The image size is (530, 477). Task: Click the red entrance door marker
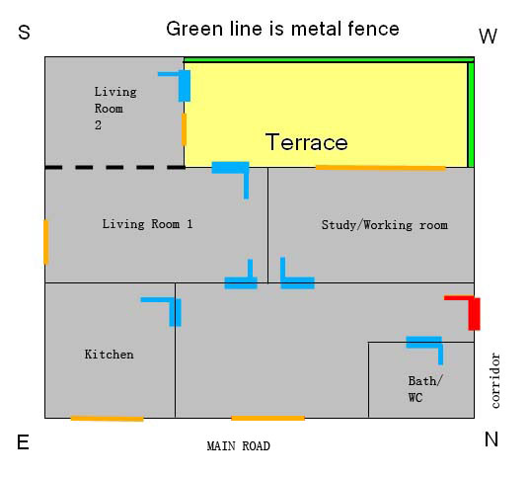(474, 313)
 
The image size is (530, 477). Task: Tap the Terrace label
(307, 142)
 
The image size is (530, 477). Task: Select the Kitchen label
(109, 355)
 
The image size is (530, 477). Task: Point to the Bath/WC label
(424, 389)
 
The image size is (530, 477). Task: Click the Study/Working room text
(385, 225)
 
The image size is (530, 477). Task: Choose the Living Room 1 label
(147, 224)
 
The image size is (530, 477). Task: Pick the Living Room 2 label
(115, 109)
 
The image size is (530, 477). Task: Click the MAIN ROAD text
(238, 446)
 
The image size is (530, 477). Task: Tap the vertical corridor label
(494, 380)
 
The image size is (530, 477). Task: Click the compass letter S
(24, 33)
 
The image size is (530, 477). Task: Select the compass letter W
(489, 36)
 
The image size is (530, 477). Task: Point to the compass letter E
(23, 442)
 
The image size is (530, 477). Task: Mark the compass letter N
(492, 439)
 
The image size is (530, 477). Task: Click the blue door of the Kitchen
(175, 311)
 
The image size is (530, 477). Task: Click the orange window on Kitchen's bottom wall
(107, 419)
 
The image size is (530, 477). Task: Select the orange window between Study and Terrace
(381, 168)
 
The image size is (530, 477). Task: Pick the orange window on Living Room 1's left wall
(46, 242)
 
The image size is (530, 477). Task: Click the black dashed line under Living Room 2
(114, 167)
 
